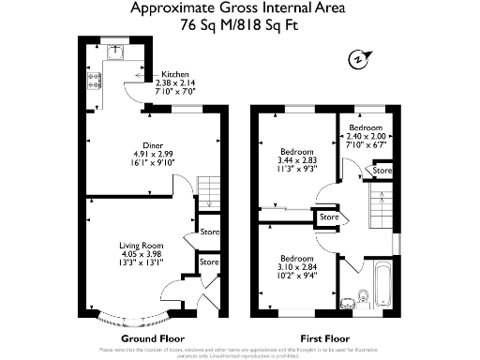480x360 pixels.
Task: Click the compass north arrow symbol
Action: pyautogui.click(x=357, y=58)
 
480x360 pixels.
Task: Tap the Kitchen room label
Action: pyautogui.click(x=175, y=74)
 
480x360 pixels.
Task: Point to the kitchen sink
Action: pyautogui.click(x=118, y=52)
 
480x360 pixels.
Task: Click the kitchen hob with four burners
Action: pyautogui.click(x=96, y=80)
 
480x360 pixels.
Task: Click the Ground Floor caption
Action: pyautogui.click(x=153, y=337)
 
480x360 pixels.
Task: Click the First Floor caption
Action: pyautogui.click(x=326, y=337)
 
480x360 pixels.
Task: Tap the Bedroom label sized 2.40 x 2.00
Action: pyautogui.click(x=366, y=127)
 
